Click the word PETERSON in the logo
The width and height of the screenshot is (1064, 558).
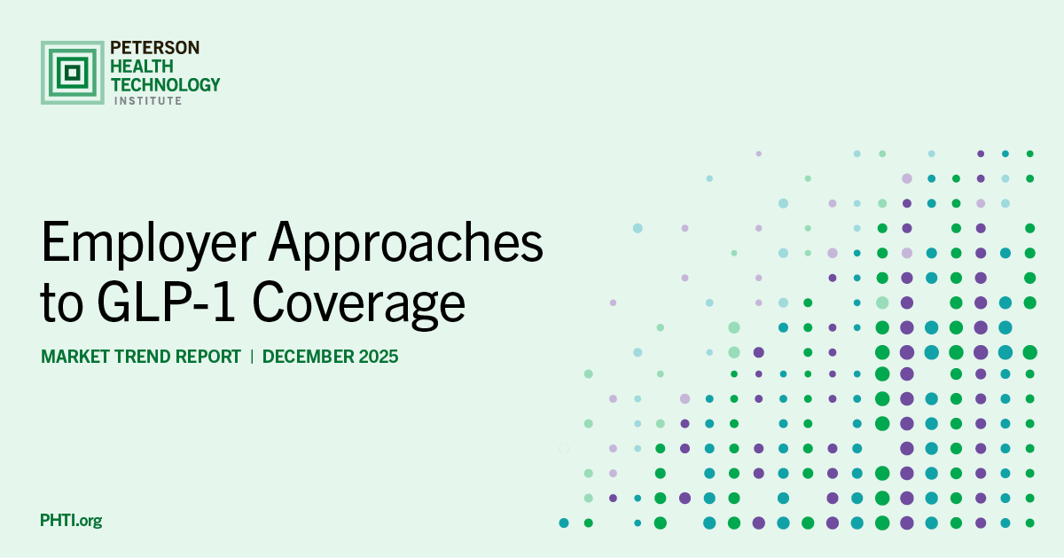(x=155, y=48)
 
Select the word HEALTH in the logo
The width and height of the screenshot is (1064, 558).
(x=142, y=66)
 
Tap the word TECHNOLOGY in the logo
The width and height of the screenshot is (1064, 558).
(x=165, y=84)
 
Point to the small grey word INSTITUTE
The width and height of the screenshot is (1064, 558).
(x=148, y=101)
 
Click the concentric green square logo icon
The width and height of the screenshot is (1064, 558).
(x=72, y=73)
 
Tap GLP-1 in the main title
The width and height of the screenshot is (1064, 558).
(x=166, y=302)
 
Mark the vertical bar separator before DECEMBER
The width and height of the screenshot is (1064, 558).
(x=252, y=357)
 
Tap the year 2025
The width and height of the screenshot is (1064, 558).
(x=379, y=357)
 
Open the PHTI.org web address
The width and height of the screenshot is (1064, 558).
(x=71, y=521)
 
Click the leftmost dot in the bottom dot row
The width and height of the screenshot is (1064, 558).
(x=564, y=523)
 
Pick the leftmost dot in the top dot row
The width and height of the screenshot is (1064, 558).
(x=759, y=153)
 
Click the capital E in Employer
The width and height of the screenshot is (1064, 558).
(x=54, y=241)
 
